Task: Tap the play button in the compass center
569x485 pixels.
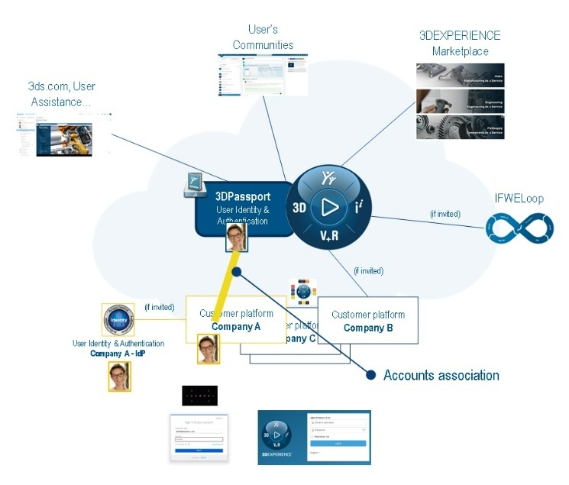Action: (330, 207)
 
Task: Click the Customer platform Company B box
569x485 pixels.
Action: (368, 321)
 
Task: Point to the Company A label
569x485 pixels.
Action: (236, 326)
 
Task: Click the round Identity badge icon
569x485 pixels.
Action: (118, 321)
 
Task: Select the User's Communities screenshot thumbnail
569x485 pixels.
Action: (263, 74)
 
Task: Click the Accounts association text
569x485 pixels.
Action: (441, 375)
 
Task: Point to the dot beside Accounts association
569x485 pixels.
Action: (371, 375)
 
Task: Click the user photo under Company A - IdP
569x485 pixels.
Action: (119, 377)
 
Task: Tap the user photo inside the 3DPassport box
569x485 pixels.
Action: (237, 239)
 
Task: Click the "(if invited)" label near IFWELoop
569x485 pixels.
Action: (445, 214)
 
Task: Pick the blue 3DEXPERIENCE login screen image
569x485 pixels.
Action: (314, 437)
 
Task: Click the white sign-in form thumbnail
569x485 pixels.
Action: (199, 438)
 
